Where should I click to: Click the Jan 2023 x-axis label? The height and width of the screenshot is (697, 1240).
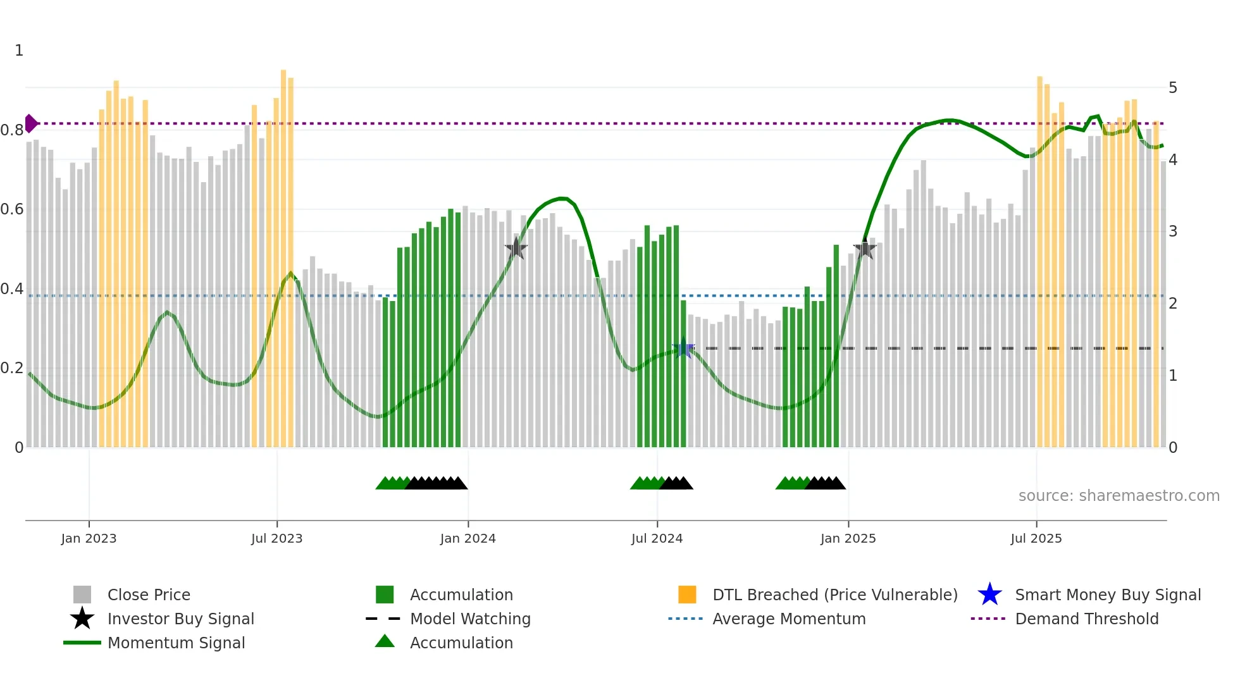pyautogui.click(x=89, y=538)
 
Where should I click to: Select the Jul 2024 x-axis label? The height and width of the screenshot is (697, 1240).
pyautogui.click(x=657, y=538)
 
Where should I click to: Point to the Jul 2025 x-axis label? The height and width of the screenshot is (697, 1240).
pyautogui.click(x=1036, y=538)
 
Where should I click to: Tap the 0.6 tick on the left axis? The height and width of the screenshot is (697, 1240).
pyautogui.click(x=12, y=209)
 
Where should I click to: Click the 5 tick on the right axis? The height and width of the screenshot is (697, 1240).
pyautogui.click(x=1172, y=88)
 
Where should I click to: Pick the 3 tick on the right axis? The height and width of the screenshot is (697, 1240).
pyautogui.click(x=1172, y=231)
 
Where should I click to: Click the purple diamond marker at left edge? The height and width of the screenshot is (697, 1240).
pyautogui.click(x=30, y=123)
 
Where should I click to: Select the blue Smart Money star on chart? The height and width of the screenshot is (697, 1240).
pyautogui.click(x=683, y=348)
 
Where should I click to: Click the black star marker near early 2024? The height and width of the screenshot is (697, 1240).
pyautogui.click(x=516, y=249)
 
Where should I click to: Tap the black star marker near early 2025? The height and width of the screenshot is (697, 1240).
pyautogui.click(x=865, y=249)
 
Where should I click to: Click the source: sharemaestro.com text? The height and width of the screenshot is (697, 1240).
pyautogui.click(x=1119, y=496)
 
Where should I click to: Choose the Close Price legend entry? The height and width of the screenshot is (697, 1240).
pyautogui.click(x=149, y=595)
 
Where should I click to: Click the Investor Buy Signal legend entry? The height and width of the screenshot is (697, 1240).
pyautogui.click(x=180, y=619)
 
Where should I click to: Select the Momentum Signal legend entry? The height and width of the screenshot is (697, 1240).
pyautogui.click(x=176, y=643)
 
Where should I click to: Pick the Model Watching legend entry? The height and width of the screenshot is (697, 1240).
pyautogui.click(x=470, y=619)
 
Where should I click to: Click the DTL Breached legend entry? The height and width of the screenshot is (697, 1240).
pyautogui.click(x=834, y=595)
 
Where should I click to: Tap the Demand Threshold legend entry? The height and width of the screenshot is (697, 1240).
pyautogui.click(x=1086, y=619)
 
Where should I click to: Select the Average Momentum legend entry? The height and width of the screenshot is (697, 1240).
pyautogui.click(x=788, y=619)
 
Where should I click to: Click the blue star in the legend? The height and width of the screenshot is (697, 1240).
pyautogui.click(x=989, y=595)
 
